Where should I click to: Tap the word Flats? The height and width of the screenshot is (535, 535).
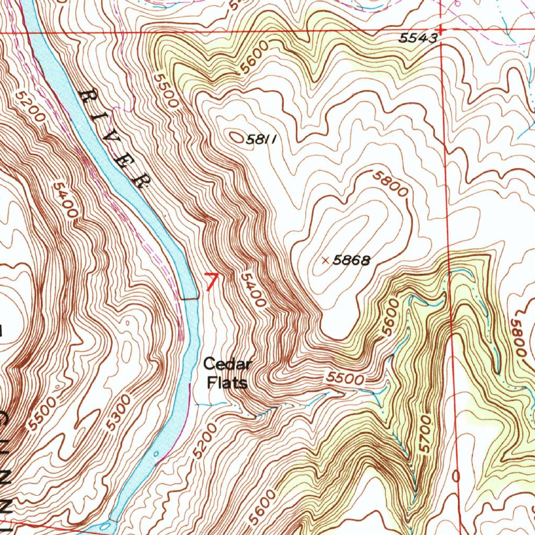(227, 383)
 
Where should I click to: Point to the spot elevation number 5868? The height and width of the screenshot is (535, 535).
(352, 260)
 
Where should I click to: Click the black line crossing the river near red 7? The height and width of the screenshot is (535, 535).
(190, 299)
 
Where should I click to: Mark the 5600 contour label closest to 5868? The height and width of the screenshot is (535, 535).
(393, 318)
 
